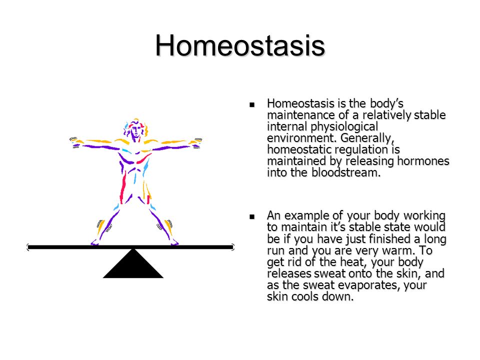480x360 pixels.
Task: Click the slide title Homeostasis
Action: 240,46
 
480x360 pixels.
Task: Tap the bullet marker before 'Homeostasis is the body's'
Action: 252,104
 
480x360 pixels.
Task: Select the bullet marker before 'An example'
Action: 252,216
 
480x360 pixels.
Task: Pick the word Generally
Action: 367,138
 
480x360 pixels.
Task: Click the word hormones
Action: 423,160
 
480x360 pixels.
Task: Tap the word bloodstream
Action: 346,172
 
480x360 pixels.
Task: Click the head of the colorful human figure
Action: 135,130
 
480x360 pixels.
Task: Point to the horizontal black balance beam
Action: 130,246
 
